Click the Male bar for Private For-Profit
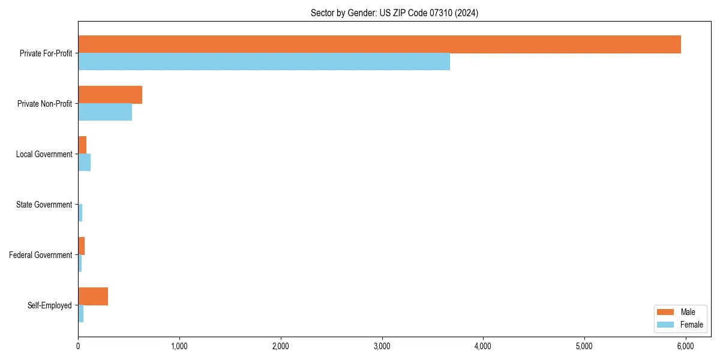(x=379, y=44)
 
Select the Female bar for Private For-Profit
(x=264, y=62)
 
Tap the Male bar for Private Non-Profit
(x=110, y=95)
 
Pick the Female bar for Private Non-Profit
(x=105, y=112)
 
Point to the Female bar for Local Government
(x=84, y=163)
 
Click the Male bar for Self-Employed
(x=93, y=296)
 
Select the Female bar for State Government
(x=80, y=213)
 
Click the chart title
(x=394, y=13)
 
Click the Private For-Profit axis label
(x=46, y=53)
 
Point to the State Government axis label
(x=44, y=205)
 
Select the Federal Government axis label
(x=41, y=255)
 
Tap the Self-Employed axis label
(x=50, y=305)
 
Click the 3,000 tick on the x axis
(x=382, y=346)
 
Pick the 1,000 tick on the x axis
(x=179, y=346)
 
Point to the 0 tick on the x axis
(x=78, y=346)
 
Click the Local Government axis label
(x=44, y=154)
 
